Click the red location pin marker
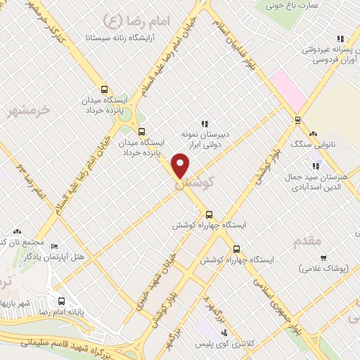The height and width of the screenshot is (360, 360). point(181,166)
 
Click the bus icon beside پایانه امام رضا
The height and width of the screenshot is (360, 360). point(61,302)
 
